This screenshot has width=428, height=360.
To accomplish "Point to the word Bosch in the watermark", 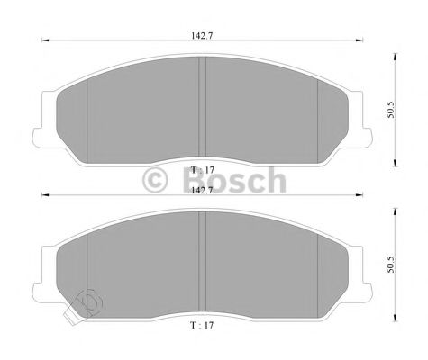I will coord(234,182).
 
